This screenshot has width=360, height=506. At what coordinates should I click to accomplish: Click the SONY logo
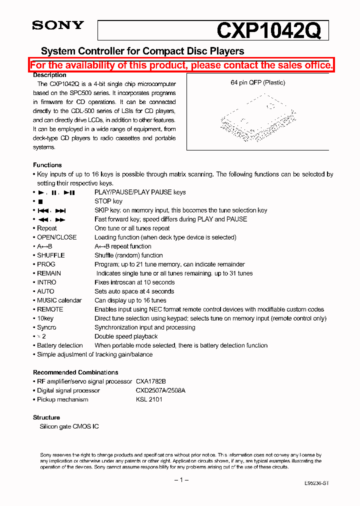(x=58, y=25)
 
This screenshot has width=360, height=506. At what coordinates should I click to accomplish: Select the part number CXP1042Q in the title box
(x=268, y=31)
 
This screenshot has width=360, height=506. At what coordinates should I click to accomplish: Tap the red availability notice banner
(x=181, y=65)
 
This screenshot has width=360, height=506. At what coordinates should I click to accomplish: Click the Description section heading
(x=49, y=75)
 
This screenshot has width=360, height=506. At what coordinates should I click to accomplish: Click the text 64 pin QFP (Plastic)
(x=257, y=82)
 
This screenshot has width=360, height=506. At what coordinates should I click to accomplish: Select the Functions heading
(x=47, y=165)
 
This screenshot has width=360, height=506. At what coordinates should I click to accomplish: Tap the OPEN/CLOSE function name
(x=57, y=237)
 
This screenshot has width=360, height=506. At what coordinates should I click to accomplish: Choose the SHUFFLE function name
(x=51, y=255)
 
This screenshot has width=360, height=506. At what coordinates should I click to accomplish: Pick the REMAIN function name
(x=49, y=273)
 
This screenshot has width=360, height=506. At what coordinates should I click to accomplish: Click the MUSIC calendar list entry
(x=59, y=300)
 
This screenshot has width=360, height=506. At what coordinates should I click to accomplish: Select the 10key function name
(x=45, y=318)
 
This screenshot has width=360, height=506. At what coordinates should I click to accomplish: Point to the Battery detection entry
(x=60, y=345)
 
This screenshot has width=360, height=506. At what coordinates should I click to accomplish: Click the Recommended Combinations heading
(x=75, y=372)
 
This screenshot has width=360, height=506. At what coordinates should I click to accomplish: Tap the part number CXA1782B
(x=150, y=381)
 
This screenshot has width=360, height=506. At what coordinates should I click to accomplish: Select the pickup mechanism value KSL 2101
(x=149, y=399)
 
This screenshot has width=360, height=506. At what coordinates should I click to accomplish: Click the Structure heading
(x=46, y=417)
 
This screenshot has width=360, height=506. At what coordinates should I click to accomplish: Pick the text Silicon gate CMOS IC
(x=69, y=426)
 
